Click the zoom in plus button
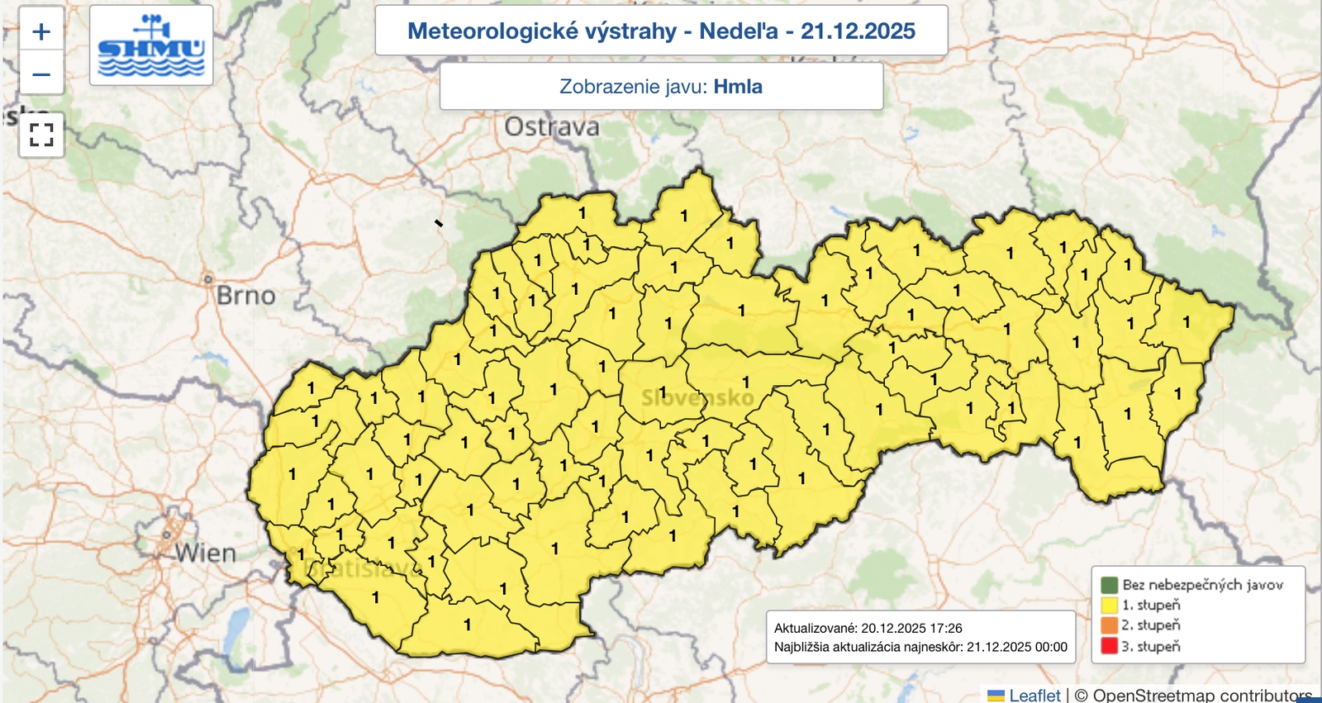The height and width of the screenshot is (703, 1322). pos(41,31)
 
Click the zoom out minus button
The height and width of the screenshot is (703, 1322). pos(41,74)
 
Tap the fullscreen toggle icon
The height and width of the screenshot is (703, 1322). pos(41,134)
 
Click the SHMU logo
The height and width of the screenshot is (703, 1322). pos(151,45)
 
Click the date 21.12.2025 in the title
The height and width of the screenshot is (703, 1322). pos(858,31)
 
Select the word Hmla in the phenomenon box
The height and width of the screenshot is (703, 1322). pos(738,87)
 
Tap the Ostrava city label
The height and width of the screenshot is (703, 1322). pos(552,127)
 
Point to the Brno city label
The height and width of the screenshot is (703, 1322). pos(246,296)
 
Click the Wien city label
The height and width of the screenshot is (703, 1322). pos(206,553)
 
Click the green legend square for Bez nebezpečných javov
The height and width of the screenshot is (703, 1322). pos(1109,585)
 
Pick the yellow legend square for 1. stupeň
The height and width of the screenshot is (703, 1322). pos(1109,606)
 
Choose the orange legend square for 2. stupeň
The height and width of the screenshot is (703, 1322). pos(1109,625)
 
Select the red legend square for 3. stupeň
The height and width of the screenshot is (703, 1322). pos(1109,646)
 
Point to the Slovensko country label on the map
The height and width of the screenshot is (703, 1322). pos(698,398)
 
